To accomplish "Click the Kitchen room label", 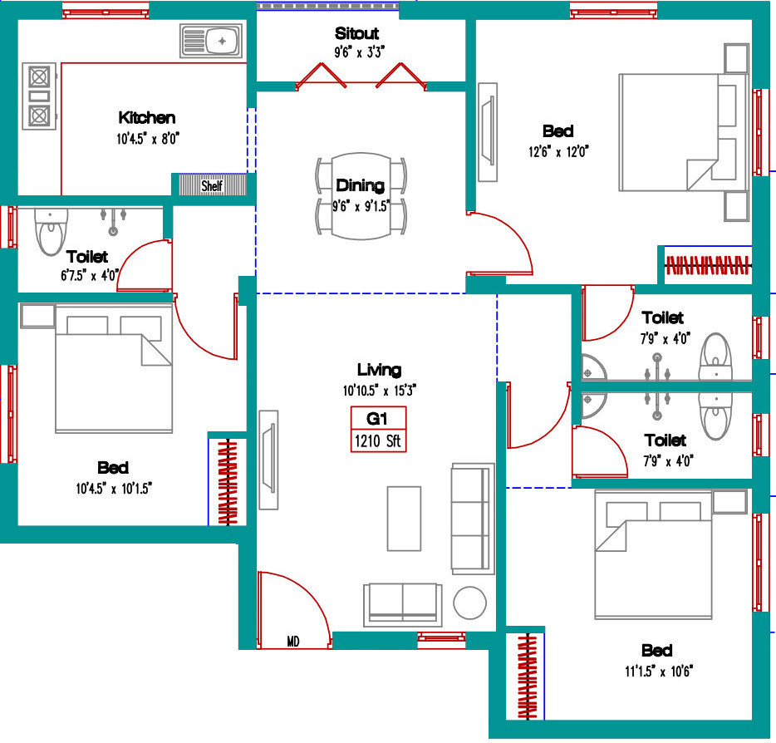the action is click(147, 118).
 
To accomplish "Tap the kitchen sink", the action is click(211, 41).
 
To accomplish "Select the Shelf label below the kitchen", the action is click(212, 186).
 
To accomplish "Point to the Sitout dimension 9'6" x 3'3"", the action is click(359, 52).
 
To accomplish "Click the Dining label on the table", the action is click(360, 185).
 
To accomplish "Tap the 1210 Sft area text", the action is click(379, 440).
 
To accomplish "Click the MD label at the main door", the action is click(293, 642).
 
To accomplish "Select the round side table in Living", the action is click(469, 603).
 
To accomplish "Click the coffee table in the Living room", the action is click(404, 519).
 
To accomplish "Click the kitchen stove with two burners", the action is click(39, 96).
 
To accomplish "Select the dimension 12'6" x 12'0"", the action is click(558, 152).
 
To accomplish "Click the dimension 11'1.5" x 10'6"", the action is click(659, 672).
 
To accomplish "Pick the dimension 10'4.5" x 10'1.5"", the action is click(114, 489).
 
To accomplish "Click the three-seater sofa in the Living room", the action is click(473, 519).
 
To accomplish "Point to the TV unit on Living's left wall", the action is click(268, 460).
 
